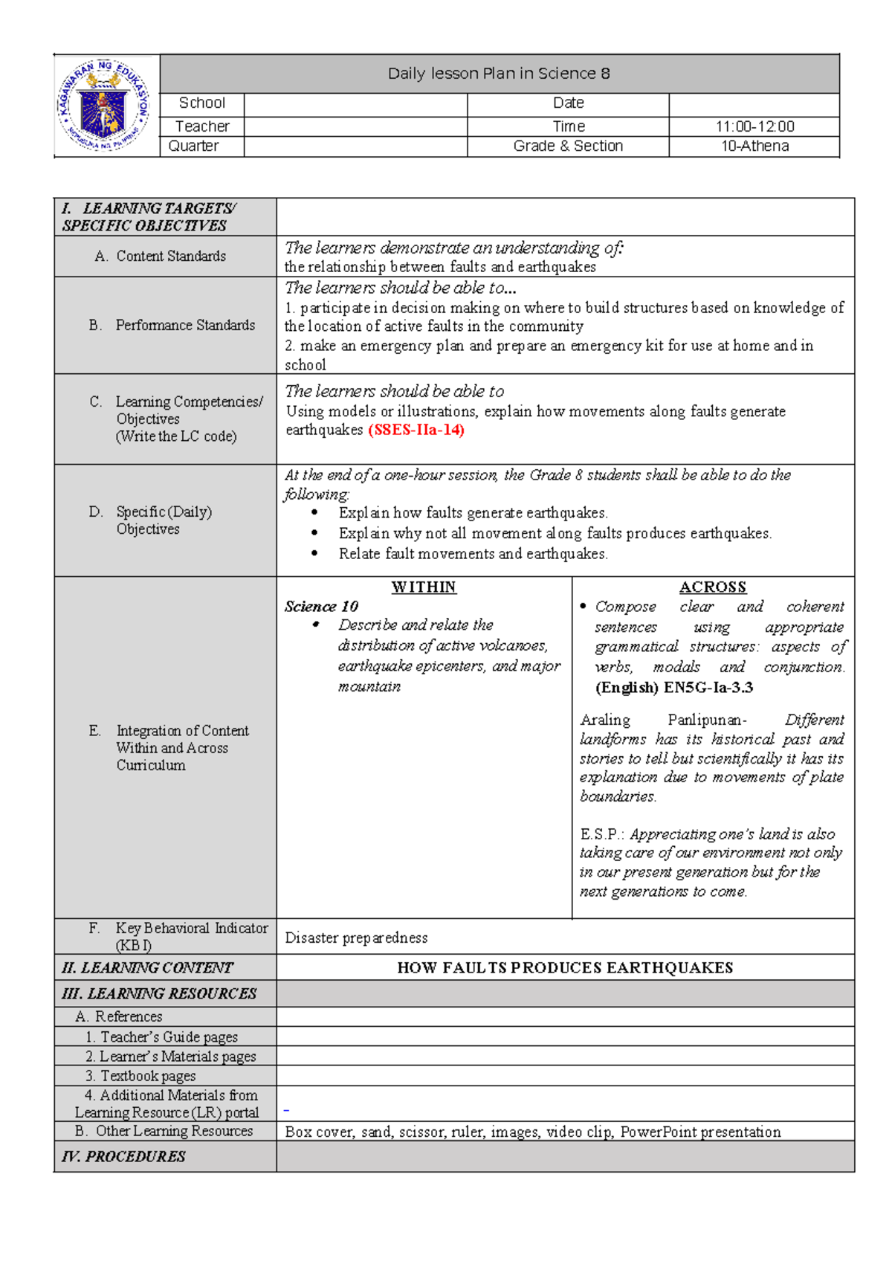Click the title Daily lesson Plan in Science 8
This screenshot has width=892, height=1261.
[499, 74]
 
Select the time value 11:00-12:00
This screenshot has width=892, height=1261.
[754, 126]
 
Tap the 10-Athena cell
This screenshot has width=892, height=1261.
[754, 146]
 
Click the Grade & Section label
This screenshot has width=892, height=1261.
[568, 146]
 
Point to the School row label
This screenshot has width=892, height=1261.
[201, 103]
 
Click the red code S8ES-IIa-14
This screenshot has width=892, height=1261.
[416, 430]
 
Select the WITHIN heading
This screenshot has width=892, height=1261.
[424, 587]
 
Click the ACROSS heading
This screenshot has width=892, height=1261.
[712, 587]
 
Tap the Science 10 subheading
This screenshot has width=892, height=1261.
[321, 606]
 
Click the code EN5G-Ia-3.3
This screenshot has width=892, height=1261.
[708, 687]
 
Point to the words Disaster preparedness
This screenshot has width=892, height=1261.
[356, 938]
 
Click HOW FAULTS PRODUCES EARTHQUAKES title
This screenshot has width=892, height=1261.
[565, 967]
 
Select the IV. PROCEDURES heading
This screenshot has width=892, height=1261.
[124, 1156]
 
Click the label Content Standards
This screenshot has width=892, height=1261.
[171, 256]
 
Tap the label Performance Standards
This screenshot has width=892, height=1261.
[185, 325]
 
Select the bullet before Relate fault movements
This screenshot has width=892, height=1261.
[315, 553]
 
